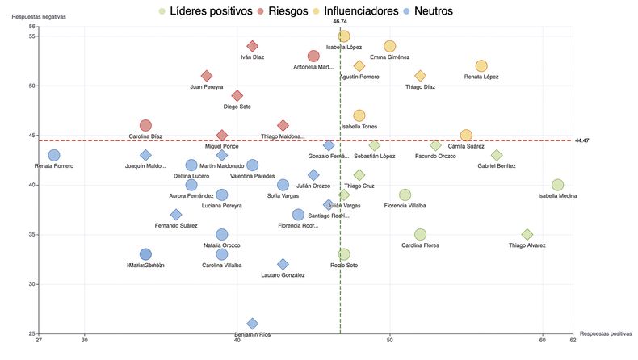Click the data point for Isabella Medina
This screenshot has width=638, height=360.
(x=557, y=185)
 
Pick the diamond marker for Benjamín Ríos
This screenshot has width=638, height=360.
(x=253, y=324)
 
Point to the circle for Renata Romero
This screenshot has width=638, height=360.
(x=54, y=155)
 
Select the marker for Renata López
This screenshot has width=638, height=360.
(x=481, y=66)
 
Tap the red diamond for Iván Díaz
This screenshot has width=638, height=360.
(x=253, y=47)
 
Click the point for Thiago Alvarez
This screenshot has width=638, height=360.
(x=527, y=235)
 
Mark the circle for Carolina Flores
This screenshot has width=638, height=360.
(x=420, y=235)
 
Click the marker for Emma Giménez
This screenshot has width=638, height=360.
(x=390, y=47)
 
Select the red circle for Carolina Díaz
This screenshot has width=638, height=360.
(x=145, y=125)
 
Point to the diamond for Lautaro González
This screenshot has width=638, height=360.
(x=283, y=265)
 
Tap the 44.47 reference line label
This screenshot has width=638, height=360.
(x=582, y=140)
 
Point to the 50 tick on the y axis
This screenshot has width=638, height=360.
(x=32, y=86)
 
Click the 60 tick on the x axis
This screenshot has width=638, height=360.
(x=543, y=341)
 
